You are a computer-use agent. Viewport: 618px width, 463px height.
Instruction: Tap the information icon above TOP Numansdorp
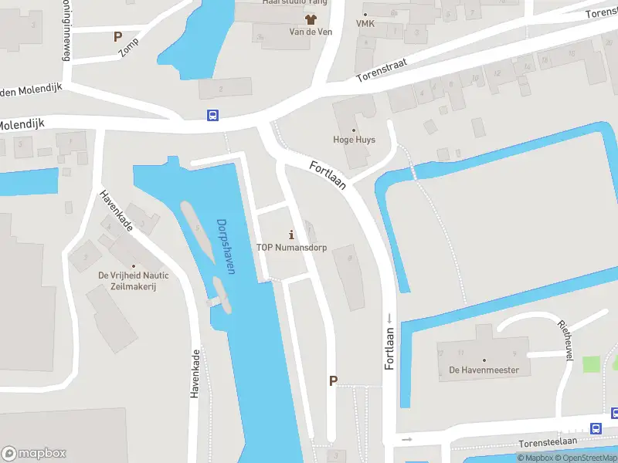coord(290,234)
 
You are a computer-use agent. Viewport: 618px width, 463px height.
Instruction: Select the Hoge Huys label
coord(354,140)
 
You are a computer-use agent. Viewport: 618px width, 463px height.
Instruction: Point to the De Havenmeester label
coord(484,370)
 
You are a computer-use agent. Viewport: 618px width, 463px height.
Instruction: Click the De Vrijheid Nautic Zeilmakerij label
coord(133,280)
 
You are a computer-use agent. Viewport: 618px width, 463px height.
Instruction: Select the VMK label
coord(365,24)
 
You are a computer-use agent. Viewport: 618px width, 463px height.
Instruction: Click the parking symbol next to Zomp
coord(117,36)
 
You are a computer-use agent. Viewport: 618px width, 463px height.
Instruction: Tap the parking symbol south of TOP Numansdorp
coord(334,380)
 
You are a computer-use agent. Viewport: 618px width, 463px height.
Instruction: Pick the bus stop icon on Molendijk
coord(212,116)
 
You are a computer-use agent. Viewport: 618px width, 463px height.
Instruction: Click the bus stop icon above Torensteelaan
coord(596,428)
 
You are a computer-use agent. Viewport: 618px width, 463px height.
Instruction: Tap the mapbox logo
coord(34,454)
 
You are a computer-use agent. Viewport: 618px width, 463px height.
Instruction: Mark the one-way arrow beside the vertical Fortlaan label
coord(390,319)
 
